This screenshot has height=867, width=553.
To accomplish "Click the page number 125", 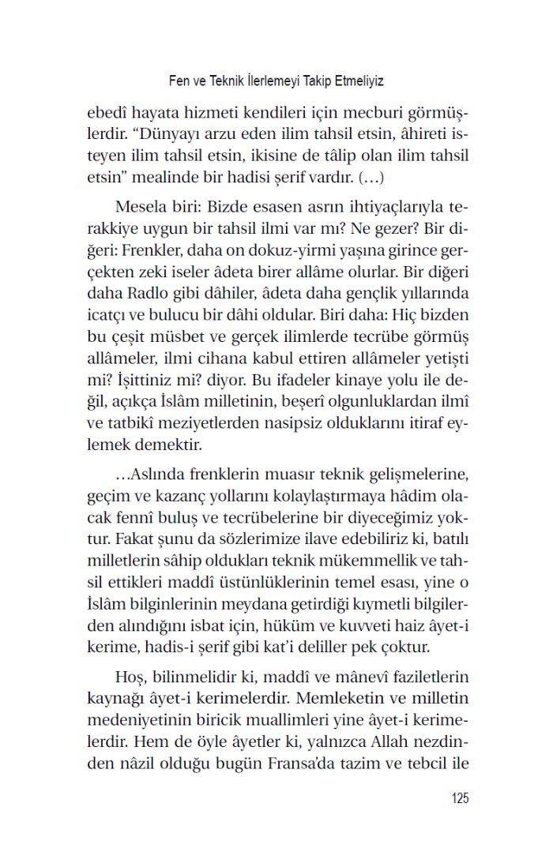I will pyautogui.click(x=459, y=798).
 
